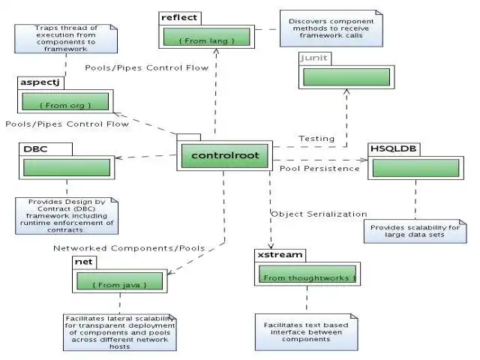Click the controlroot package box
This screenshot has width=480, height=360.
click(224, 155)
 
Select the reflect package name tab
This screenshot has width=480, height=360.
click(179, 17)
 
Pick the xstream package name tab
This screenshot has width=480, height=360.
click(280, 255)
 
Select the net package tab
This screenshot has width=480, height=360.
click(83, 262)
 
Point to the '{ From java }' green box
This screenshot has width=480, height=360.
click(119, 284)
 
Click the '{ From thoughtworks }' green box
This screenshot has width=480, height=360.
click(307, 278)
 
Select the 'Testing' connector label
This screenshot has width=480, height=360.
click(316, 139)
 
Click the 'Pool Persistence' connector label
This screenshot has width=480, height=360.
click(319, 168)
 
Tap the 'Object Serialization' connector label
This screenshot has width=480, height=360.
click(319, 214)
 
